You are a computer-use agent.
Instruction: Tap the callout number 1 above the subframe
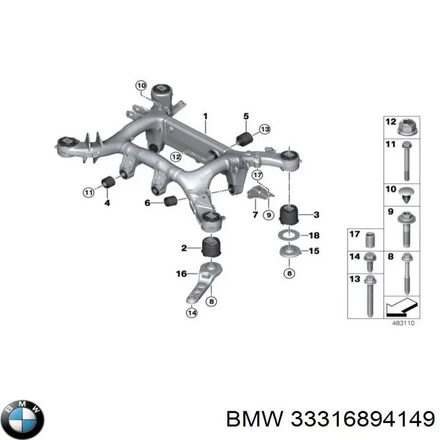coord(205,116)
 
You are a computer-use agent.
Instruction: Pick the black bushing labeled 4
coord(108,182)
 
